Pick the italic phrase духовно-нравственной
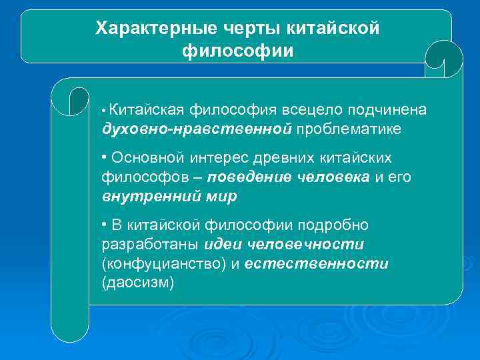(197, 128)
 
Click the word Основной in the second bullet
(145, 158)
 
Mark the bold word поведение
(249, 177)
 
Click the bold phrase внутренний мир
(169, 197)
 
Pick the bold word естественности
(316, 264)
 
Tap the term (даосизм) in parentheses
(137, 283)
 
